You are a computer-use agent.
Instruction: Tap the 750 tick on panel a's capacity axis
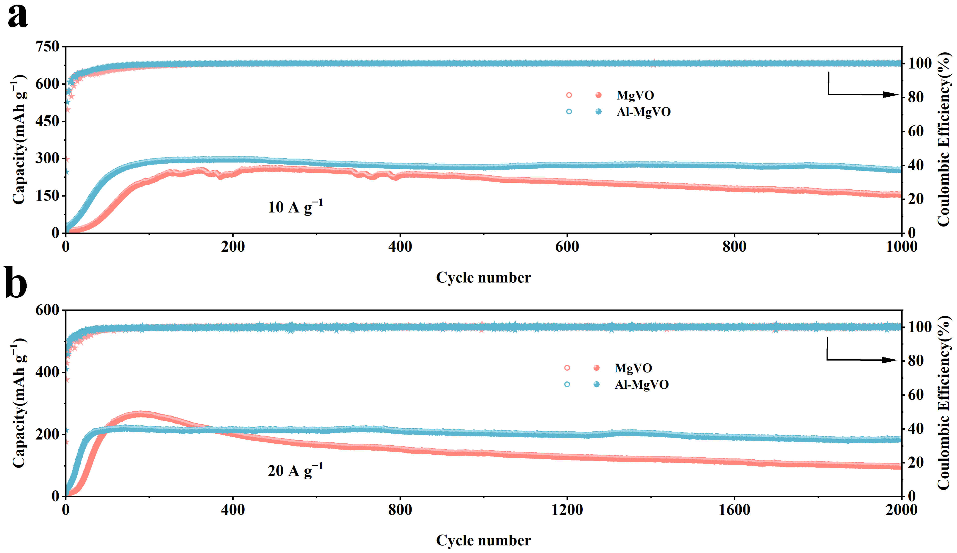47,47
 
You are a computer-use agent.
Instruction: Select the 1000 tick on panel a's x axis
901,247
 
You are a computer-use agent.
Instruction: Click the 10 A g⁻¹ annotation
295,207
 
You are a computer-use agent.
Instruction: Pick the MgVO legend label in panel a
635,95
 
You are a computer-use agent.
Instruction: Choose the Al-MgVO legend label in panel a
643,112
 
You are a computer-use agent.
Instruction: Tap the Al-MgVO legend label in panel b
641,385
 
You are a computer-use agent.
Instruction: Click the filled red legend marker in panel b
596,368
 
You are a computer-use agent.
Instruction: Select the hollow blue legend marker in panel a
568,112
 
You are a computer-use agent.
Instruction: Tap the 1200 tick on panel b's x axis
567,510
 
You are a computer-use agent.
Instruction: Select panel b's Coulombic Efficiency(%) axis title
944,403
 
